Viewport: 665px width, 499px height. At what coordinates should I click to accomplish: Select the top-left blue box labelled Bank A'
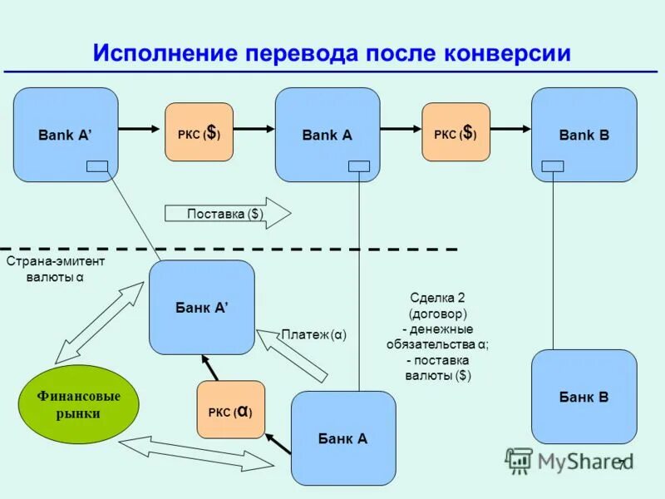[x=66, y=134]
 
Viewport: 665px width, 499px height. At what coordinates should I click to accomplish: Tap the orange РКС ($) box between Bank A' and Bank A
[x=199, y=132]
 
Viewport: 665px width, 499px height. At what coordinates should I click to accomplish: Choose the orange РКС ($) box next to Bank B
[x=456, y=132]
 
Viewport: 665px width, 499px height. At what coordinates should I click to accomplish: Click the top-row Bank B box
[x=584, y=134]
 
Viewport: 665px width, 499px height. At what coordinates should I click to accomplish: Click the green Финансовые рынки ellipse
[x=78, y=404]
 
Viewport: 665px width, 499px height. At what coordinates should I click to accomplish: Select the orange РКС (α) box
[x=230, y=410]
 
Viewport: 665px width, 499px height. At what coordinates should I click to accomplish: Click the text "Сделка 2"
[x=437, y=298]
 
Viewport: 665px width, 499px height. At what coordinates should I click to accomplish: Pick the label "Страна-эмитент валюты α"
[x=56, y=269]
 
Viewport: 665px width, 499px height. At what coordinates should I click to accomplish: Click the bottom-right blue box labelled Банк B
[x=584, y=397]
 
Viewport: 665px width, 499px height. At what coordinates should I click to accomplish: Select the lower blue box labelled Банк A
[x=342, y=438]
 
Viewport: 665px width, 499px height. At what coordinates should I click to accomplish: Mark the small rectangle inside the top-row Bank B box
[x=552, y=166]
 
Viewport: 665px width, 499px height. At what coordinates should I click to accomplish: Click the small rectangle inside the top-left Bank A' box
[x=97, y=166]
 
